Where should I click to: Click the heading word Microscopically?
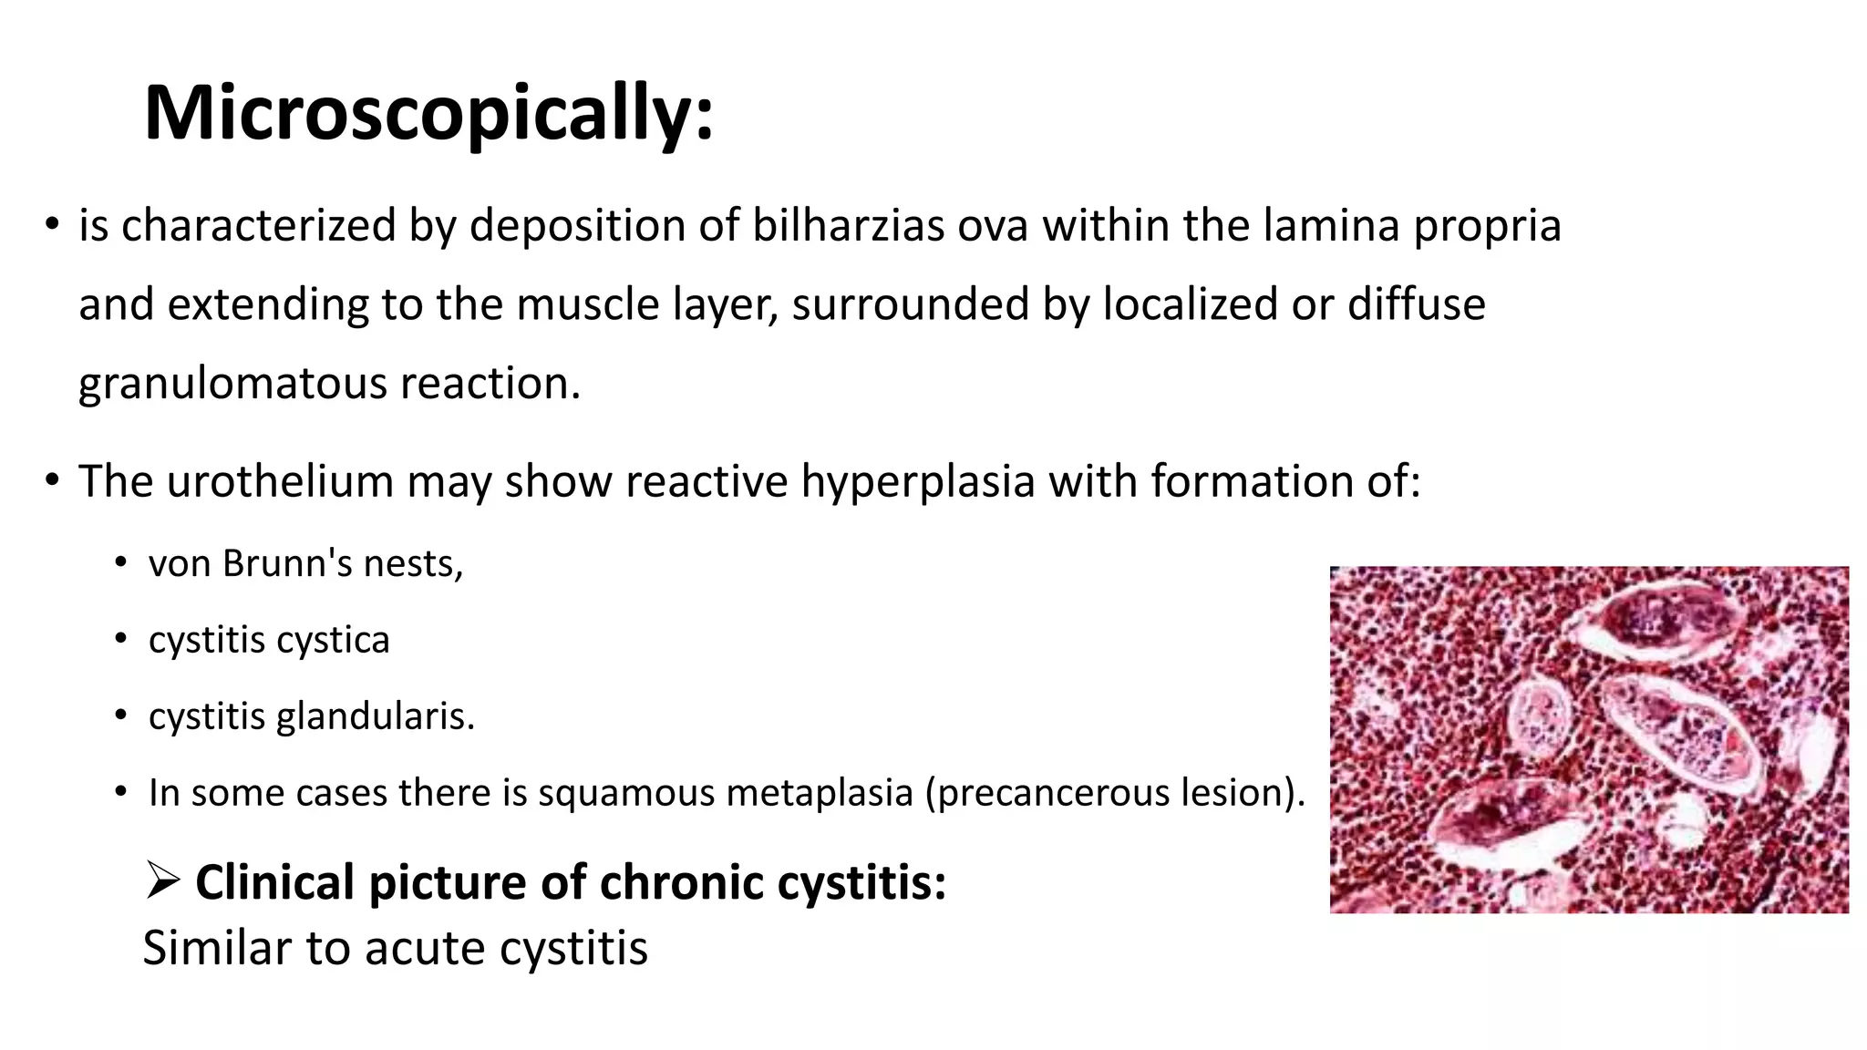(428, 113)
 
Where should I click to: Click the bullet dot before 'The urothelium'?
(52, 480)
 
